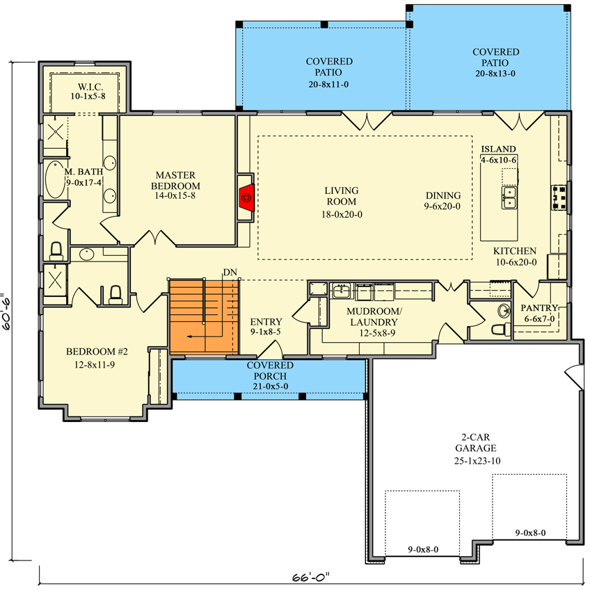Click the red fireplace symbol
pyautogui.click(x=246, y=197)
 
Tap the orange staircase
pyautogui.click(x=204, y=316)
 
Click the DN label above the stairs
pyautogui.click(x=230, y=272)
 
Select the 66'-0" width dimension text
pyautogui.click(x=311, y=577)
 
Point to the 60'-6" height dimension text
pyautogui.click(x=8, y=311)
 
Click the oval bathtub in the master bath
pyautogui.click(x=55, y=179)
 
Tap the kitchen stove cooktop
pyautogui.click(x=559, y=197)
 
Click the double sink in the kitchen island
pyautogui.click(x=509, y=197)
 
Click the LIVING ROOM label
pyautogui.click(x=342, y=196)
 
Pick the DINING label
pyautogui.click(x=443, y=195)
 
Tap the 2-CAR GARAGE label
pyautogui.click(x=476, y=442)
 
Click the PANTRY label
pyautogui.click(x=539, y=308)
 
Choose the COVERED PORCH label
pyautogui.click(x=270, y=371)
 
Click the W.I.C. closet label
pyautogui.click(x=90, y=87)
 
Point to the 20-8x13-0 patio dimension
pyautogui.click(x=495, y=74)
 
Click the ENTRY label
pyautogui.click(x=266, y=321)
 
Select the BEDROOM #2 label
pyautogui.click(x=97, y=352)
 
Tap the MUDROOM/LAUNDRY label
pyautogui.click(x=374, y=316)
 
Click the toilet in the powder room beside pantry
pyautogui.click(x=501, y=329)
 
